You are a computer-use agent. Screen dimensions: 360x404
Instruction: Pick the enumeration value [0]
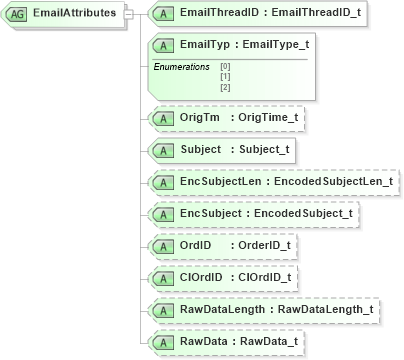coord(224,66)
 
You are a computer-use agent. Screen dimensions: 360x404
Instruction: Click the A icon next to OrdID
coord(157,246)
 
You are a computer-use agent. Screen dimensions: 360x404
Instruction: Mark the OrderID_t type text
coord(261,246)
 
